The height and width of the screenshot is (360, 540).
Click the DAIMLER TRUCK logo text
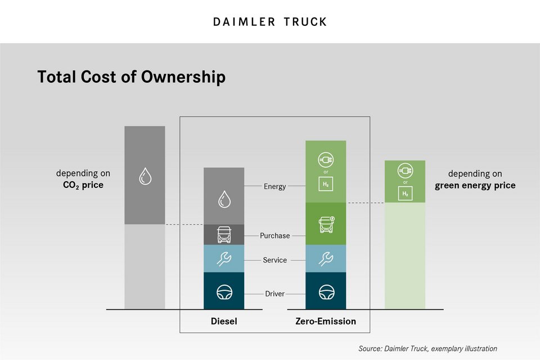[270, 22]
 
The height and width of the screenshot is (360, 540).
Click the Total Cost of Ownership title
[131, 76]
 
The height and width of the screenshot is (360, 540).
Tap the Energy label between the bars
[275, 186]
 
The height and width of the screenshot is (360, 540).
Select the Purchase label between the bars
[275, 235]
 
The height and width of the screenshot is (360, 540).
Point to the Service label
[275, 260]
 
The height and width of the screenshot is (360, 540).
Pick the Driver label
[275, 294]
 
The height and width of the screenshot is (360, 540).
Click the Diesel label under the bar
[224, 322]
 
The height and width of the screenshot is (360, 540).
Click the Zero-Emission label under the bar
[326, 322]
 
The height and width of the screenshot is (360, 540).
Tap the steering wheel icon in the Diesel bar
[224, 292]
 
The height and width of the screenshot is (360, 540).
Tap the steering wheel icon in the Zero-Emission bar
[326, 292]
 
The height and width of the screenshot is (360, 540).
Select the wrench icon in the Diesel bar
[224, 259]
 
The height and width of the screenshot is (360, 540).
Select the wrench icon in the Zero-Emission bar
[326, 259]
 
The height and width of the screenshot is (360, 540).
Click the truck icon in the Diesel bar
[224, 234]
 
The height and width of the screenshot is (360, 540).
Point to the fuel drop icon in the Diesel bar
[224, 199]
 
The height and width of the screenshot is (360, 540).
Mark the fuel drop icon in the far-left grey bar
[145, 177]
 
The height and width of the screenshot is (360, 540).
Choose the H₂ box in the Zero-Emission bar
[326, 185]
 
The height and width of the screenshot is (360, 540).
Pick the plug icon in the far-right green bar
[405, 169]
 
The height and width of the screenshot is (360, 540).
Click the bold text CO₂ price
[83, 185]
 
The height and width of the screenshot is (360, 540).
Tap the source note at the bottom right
[427, 349]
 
